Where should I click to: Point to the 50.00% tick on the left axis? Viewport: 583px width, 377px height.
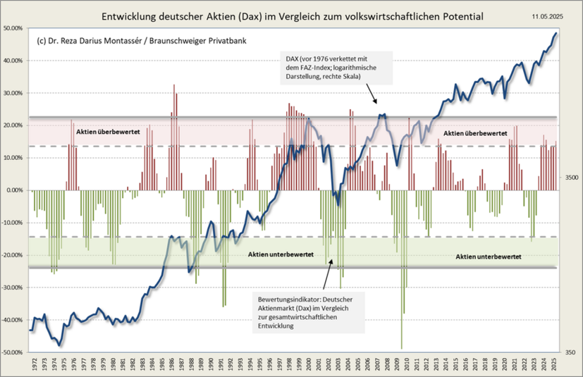click(x=14, y=28)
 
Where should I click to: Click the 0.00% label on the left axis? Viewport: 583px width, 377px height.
click(x=16, y=190)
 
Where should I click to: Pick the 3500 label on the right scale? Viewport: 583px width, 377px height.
click(x=571, y=179)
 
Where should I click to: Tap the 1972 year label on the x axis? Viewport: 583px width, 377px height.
click(x=35, y=366)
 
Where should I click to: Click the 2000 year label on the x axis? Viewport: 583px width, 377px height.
click(x=308, y=366)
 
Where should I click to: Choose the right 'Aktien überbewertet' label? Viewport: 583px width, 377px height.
click(x=474, y=132)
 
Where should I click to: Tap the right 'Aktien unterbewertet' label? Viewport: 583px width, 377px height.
click(x=488, y=258)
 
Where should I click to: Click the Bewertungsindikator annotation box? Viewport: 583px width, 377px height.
click(x=307, y=311)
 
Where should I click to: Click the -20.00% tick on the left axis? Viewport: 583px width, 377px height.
click(x=13, y=255)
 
